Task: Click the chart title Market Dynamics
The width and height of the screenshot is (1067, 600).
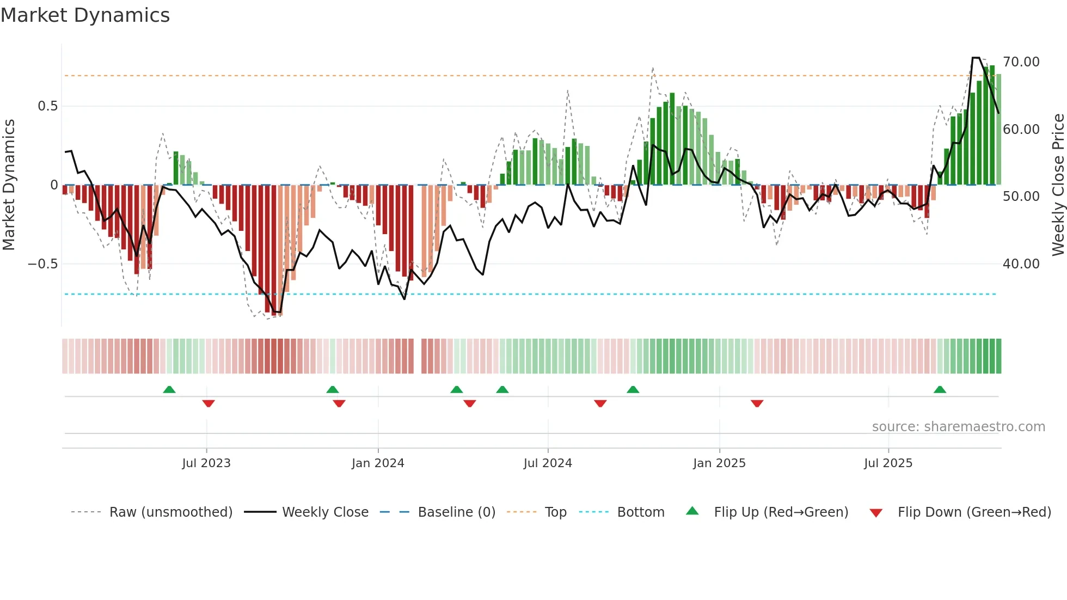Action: pyautogui.click(x=85, y=15)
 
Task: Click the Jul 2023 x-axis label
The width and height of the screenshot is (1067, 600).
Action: pyautogui.click(x=206, y=463)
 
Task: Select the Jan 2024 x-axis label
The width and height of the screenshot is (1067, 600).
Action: pyautogui.click(x=378, y=463)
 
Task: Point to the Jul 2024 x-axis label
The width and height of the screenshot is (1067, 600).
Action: pyautogui.click(x=548, y=463)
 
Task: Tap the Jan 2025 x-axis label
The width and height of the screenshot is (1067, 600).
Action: pyautogui.click(x=719, y=463)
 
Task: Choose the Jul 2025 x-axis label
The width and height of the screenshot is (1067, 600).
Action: pyautogui.click(x=888, y=463)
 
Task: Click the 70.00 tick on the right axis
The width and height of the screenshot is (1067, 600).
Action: pyautogui.click(x=1021, y=62)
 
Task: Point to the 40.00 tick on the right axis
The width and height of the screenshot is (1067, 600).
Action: pyautogui.click(x=1021, y=264)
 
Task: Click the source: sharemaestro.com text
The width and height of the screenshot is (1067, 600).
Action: pyautogui.click(x=958, y=427)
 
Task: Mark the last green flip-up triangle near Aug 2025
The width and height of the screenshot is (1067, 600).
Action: pyautogui.click(x=940, y=389)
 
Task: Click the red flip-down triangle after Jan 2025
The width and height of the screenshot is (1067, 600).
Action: pyautogui.click(x=757, y=403)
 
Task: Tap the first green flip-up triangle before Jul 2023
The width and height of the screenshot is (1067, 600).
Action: pyautogui.click(x=169, y=389)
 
